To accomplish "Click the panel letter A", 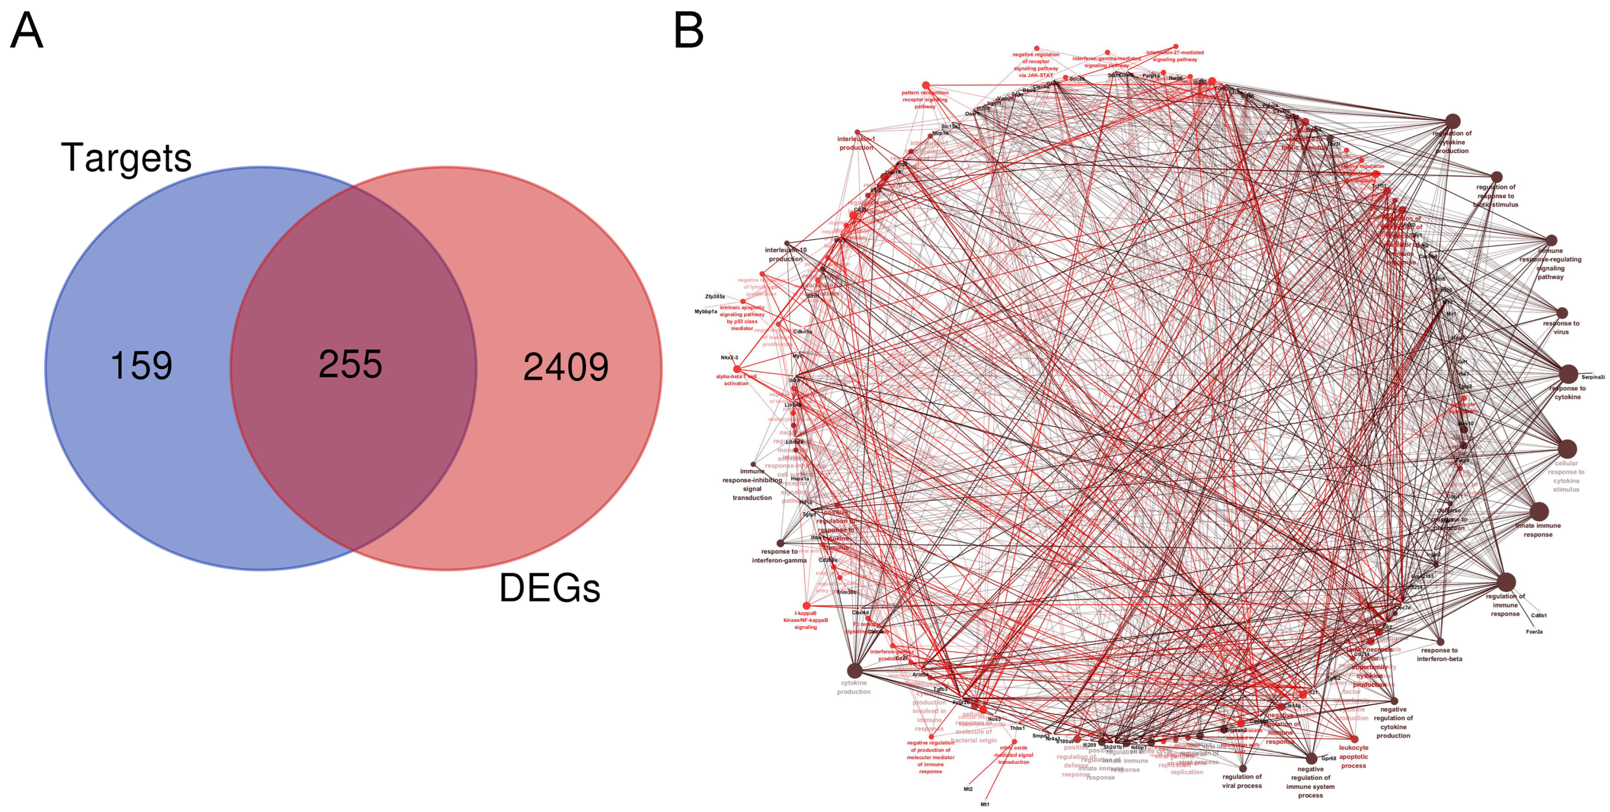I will (x=27, y=31).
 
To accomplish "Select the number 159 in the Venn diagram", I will (x=141, y=366).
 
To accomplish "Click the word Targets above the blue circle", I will (x=126, y=158).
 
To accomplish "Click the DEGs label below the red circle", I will (x=549, y=588).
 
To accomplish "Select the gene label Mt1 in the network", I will (x=985, y=804).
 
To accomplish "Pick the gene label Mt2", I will (x=968, y=789).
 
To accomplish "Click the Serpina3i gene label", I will (x=1593, y=377).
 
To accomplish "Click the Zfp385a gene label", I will (x=715, y=296).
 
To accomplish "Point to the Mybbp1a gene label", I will (x=706, y=311).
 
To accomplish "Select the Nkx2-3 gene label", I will (x=729, y=357).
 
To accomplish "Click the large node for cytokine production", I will (x=854, y=671).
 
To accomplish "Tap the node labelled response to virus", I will (x=1562, y=313).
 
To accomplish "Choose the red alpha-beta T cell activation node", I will (x=737, y=369).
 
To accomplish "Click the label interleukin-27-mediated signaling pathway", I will (x=1175, y=56).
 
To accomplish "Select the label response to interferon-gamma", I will (x=779, y=556).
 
